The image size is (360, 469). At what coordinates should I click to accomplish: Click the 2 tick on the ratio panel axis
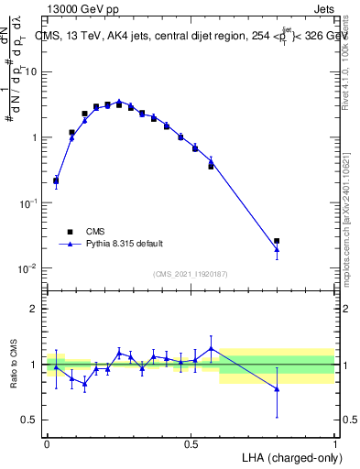coord(35,309)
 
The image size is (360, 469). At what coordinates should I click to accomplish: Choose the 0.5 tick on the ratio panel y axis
coord(31,420)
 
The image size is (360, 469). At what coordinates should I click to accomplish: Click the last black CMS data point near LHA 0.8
coord(277,241)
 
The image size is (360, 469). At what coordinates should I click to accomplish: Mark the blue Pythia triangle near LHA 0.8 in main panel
coord(277,249)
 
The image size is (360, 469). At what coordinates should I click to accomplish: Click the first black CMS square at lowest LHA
coord(56,180)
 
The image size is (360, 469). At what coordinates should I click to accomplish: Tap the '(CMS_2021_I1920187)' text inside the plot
coord(190,273)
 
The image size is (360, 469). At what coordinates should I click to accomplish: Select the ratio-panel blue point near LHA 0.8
coord(277,389)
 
